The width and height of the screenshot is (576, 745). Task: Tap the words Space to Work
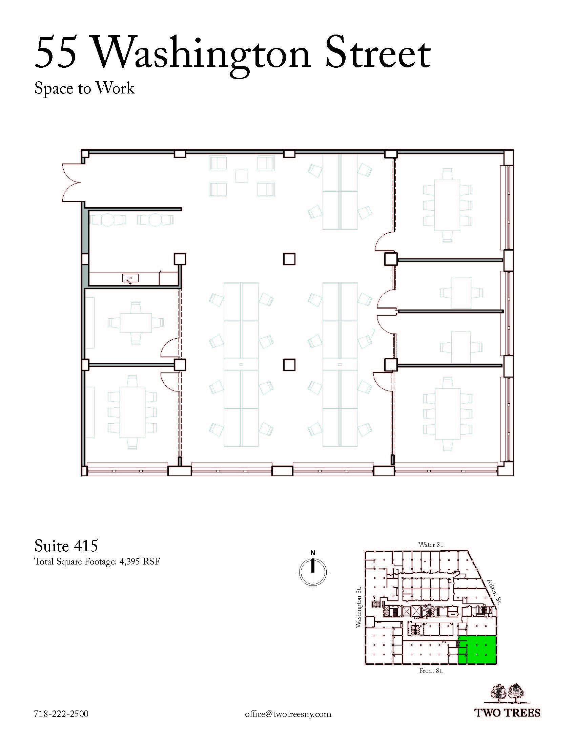(85, 89)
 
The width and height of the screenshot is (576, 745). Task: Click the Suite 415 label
(66, 546)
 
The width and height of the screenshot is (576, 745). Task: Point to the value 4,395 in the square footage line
(129, 562)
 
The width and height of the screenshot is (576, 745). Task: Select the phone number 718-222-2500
(61, 714)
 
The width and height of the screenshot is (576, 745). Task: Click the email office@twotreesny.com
(288, 714)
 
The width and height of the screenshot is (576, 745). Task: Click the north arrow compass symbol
(313, 571)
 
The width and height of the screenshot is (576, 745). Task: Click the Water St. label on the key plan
(431, 545)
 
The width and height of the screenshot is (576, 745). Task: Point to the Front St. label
(431, 670)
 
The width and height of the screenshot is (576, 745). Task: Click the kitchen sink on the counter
(130, 279)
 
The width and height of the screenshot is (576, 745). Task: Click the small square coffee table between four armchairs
(242, 176)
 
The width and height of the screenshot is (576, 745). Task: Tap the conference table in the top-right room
(447, 205)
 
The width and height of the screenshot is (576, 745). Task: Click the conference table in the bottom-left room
(132, 412)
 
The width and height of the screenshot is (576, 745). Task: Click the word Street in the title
(378, 52)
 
